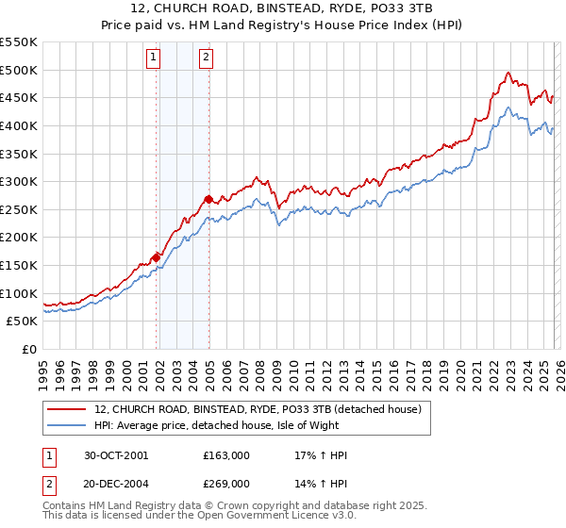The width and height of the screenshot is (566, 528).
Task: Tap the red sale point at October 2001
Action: coord(156,256)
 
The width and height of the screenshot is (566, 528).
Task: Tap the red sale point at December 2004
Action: coord(208,199)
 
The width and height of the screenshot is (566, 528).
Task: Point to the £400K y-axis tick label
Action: coord(19,125)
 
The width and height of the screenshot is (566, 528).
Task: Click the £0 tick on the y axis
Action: coord(30,349)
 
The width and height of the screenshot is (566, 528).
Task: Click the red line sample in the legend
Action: coord(68,408)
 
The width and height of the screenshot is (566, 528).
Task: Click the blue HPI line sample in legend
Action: coord(68,425)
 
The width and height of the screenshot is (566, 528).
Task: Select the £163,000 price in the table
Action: coord(225,455)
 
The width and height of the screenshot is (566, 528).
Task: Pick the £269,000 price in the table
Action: coord(225,484)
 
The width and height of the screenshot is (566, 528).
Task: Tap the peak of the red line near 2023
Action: coord(508,73)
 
